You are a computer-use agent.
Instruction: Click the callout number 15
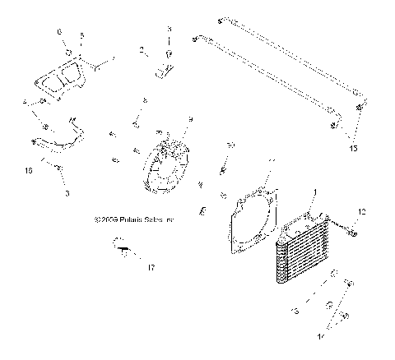point(355,148)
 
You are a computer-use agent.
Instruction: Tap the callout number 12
point(360,212)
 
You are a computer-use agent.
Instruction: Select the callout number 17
point(151,267)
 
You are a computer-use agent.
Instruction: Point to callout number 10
point(231,145)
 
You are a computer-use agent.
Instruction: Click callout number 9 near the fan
point(190,120)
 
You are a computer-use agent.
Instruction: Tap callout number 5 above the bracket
point(81,37)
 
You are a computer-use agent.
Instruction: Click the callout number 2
point(142,50)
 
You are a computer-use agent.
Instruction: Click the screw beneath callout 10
point(222,169)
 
